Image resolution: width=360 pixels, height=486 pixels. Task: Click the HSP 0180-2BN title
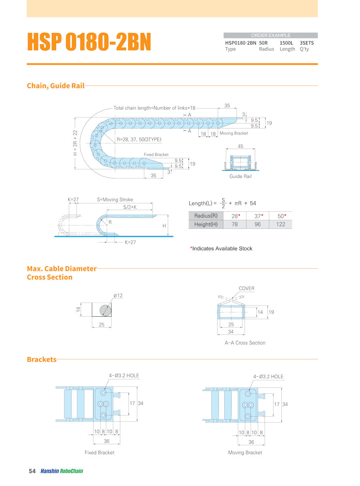coord(89,42)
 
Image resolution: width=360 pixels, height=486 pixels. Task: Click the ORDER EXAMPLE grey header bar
coord(270,35)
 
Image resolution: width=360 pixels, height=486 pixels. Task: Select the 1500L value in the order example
coord(287,43)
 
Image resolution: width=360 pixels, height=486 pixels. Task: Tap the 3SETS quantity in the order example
coord(307,43)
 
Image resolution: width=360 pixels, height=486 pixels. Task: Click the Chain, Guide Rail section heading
coord(56,86)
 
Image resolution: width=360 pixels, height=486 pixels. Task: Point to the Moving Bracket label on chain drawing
coord(234,133)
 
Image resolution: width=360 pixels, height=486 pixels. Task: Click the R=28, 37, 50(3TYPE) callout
coord(139,140)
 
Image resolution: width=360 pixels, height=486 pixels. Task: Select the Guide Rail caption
coord(241,177)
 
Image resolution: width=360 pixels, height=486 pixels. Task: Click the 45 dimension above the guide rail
coord(241,147)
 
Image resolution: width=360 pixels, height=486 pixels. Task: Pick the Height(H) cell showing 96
coord(257,224)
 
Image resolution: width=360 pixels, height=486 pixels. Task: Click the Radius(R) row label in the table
coord(206,215)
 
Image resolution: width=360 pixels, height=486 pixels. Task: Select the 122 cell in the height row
coord(281,224)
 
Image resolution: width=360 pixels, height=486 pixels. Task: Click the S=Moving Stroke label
coord(115,200)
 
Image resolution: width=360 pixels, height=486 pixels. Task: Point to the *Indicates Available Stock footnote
coord(221,249)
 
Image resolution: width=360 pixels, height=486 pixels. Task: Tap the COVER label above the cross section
coord(246,289)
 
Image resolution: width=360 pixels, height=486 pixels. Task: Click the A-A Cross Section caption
coord(245,343)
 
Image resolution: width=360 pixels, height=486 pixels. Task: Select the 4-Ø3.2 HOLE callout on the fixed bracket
coord(124,375)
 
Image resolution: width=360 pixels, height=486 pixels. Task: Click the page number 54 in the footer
coord(32,471)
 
